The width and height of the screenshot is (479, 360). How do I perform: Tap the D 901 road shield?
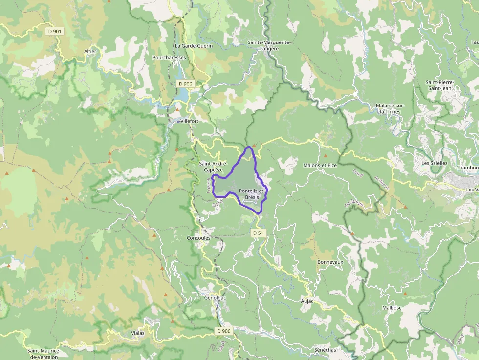tap(55, 31)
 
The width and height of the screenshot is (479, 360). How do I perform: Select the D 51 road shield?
tap(258, 233)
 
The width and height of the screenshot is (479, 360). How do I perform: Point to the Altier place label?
tap(90, 51)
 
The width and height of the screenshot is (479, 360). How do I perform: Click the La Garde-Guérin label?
tap(194, 46)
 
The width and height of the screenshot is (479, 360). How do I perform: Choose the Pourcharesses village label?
tap(169, 57)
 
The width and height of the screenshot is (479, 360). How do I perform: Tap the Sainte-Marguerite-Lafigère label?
tap(269, 45)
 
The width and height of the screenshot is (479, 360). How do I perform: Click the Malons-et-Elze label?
tap(320, 165)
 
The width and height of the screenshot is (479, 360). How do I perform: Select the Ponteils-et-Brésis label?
tap(252, 193)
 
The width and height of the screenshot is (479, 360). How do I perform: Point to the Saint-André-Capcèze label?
tap(214, 167)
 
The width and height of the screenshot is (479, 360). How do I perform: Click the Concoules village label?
tap(198, 238)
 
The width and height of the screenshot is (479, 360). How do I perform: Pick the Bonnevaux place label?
tap(330, 262)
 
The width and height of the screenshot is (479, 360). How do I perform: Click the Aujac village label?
tap(307, 301)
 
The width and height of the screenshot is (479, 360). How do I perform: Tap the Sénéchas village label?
tap(326, 350)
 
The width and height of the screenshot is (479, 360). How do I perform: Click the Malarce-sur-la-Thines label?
tap(388, 108)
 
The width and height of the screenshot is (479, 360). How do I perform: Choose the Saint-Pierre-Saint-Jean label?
tap(439, 85)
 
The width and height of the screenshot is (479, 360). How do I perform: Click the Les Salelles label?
tap(434, 163)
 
